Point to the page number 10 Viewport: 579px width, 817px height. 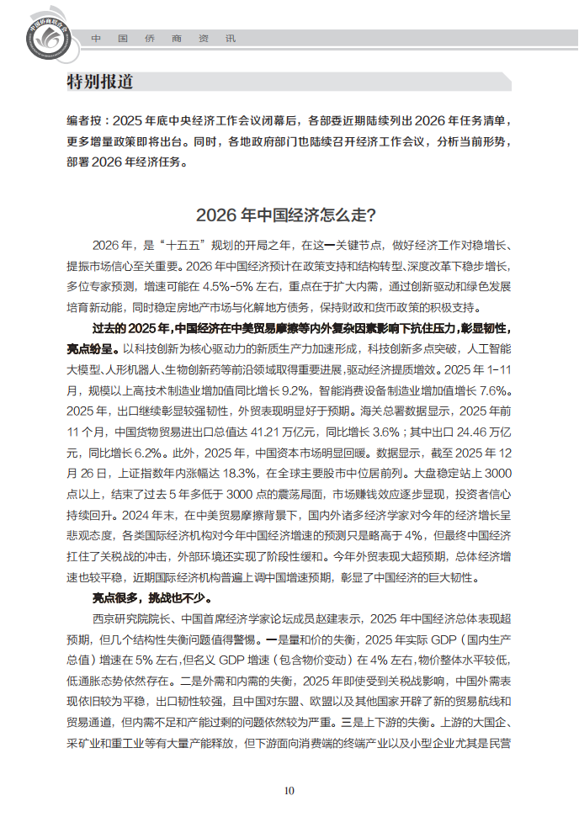tap(289, 790)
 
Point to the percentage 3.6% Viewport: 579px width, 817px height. tap(385, 432)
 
